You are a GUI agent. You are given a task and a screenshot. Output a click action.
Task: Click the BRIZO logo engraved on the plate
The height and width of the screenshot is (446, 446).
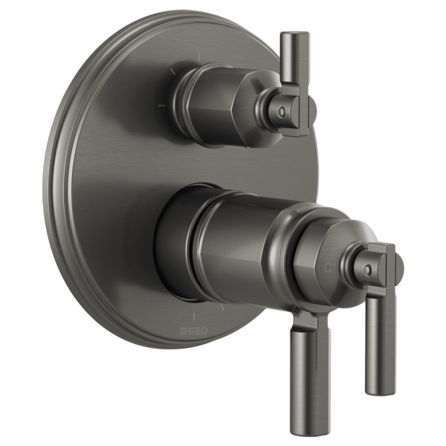point(187,328)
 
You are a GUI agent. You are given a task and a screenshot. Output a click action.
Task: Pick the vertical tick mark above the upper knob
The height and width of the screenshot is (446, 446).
point(201,56)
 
